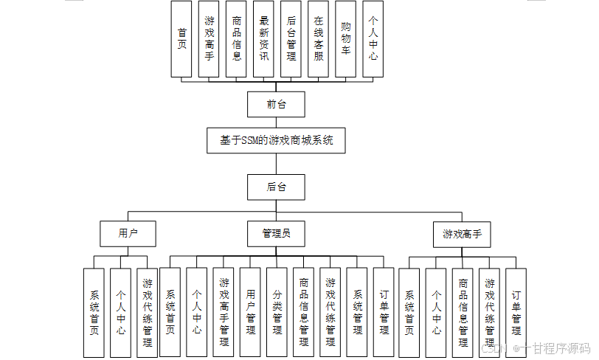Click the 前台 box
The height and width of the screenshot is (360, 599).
coord(276,104)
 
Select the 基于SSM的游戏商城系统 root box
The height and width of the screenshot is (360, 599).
coord(276,140)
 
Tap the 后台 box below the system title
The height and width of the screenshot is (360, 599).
coord(276,187)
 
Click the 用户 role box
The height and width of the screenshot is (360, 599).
coord(128,234)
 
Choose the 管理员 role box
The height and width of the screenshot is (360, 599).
coord(276,234)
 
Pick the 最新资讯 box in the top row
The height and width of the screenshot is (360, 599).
coord(263,39)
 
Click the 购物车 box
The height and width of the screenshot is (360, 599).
coord(345,39)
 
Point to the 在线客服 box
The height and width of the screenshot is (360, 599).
coord(318,39)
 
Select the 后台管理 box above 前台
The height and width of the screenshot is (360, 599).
coord(291,39)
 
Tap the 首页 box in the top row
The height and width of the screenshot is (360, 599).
coord(181,39)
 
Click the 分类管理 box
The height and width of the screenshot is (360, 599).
coord(277,313)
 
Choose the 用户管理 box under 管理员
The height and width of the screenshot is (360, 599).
coord(250,313)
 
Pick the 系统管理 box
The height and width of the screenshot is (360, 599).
coord(357,313)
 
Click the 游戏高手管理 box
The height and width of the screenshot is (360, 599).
coord(224,313)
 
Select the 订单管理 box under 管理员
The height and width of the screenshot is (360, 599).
coord(384,313)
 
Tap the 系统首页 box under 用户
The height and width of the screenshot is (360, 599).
coord(94,313)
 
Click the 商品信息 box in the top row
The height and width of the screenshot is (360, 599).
coord(236,39)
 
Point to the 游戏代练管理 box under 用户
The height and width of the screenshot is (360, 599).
coord(147,313)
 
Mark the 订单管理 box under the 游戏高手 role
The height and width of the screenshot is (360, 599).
coord(516,313)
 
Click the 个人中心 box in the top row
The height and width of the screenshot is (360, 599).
coord(373,39)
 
